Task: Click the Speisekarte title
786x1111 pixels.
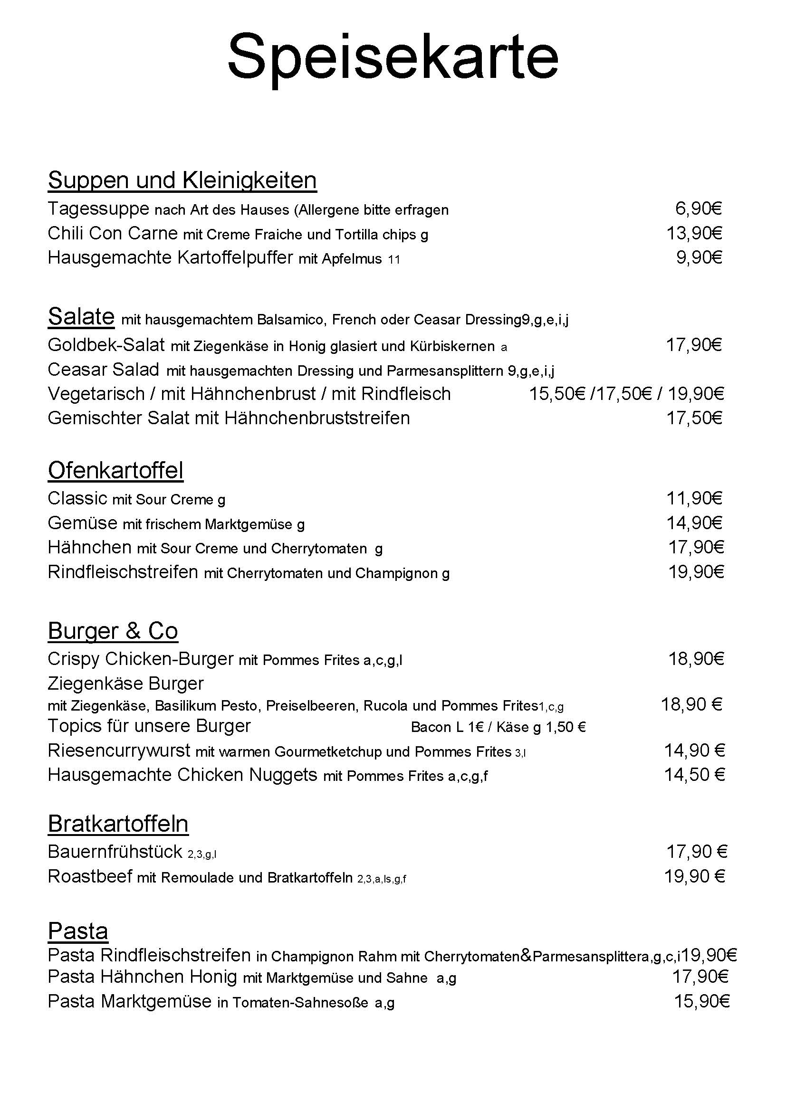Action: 393,58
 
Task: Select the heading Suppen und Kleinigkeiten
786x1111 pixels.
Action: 182,180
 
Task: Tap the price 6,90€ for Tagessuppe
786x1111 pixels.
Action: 698,209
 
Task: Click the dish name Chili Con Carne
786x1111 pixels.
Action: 113,234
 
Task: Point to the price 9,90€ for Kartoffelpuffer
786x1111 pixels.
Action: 699,258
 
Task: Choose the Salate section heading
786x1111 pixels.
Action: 81,317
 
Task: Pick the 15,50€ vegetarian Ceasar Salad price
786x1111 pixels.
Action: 557,394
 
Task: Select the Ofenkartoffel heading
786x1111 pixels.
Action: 115,470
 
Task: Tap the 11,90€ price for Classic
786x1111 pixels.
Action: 694,498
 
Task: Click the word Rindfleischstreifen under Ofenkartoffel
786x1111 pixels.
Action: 123,572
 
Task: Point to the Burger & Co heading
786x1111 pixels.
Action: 113,631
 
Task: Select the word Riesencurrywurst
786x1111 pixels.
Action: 119,751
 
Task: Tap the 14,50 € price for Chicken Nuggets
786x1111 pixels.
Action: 694,775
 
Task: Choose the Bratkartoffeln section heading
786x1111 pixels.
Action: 118,824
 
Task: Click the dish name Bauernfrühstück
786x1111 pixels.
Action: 115,852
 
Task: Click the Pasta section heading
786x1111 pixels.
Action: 78,931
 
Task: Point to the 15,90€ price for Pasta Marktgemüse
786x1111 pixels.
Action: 701,1001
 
